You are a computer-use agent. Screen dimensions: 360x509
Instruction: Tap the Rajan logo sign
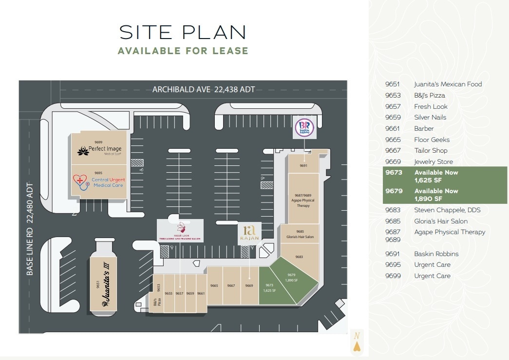249,233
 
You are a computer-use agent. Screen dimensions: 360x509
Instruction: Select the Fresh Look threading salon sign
180,230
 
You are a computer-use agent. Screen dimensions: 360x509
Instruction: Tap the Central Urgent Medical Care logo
99,182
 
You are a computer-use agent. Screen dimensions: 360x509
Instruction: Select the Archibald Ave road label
204,89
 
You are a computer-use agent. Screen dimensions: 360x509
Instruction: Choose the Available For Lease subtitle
183,51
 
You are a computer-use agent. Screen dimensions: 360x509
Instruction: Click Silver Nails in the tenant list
430,117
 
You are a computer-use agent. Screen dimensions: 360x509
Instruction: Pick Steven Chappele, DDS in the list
447,210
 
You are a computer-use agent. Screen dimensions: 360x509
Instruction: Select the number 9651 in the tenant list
393,84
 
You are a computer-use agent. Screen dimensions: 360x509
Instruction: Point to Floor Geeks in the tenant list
432,140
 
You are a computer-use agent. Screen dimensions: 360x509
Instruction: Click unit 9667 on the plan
231,286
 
